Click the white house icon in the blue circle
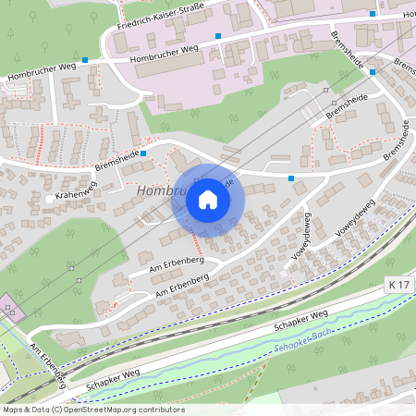click(x=208, y=200)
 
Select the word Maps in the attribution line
click(x=12, y=410)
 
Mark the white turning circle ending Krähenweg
click(x=48, y=199)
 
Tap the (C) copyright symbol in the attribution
click(x=56, y=410)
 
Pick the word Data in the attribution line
click(x=39, y=410)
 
